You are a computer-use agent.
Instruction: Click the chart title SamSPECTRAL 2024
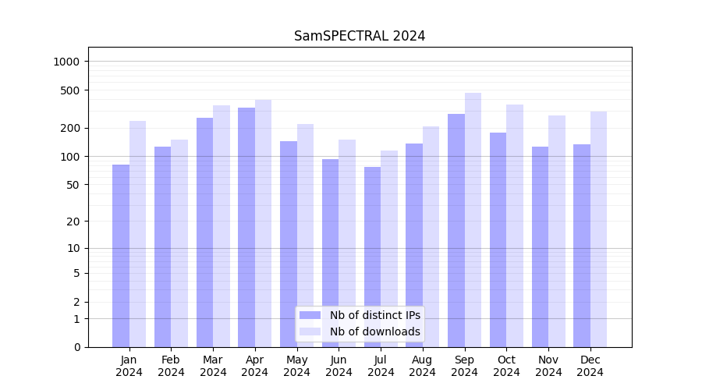(x=360, y=37)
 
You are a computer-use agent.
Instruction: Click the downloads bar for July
(x=389, y=249)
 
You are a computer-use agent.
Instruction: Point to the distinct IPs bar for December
(x=582, y=246)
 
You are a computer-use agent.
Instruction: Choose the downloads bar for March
(x=222, y=226)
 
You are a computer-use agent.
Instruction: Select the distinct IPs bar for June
(x=331, y=253)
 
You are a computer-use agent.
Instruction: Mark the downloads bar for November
(x=557, y=231)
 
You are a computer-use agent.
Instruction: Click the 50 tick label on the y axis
(x=72, y=185)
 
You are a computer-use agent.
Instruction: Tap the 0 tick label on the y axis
(x=76, y=347)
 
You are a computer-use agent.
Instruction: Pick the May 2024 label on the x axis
(x=296, y=366)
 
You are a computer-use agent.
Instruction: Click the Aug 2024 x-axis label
(x=422, y=366)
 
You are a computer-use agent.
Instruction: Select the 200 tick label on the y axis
(x=69, y=128)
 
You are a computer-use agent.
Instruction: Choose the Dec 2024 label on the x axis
(x=590, y=366)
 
